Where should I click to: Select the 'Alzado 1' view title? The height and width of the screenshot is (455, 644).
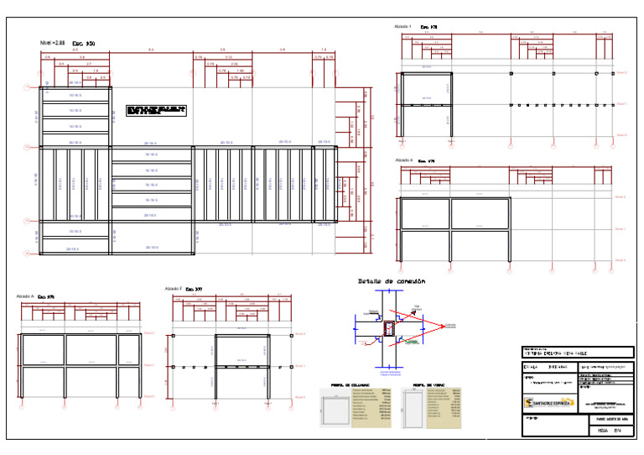(x=402, y=27)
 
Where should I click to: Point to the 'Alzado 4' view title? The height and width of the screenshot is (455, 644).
(x=403, y=159)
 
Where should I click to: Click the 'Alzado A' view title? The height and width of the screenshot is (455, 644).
(x=25, y=296)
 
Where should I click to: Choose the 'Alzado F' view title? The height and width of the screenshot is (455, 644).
(x=174, y=289)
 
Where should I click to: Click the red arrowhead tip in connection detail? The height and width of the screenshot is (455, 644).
(x=444, y=325)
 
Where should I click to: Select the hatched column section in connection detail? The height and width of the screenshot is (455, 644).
(x=389, y=329)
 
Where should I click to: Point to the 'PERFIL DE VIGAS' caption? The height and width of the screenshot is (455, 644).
(x=427, y=386)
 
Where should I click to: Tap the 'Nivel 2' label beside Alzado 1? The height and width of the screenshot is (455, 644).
(x=621, y=73)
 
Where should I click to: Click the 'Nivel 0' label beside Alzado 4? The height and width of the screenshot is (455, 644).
(x=621, y=261)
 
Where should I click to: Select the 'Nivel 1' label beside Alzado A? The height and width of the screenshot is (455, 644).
(x=150, y=366)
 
